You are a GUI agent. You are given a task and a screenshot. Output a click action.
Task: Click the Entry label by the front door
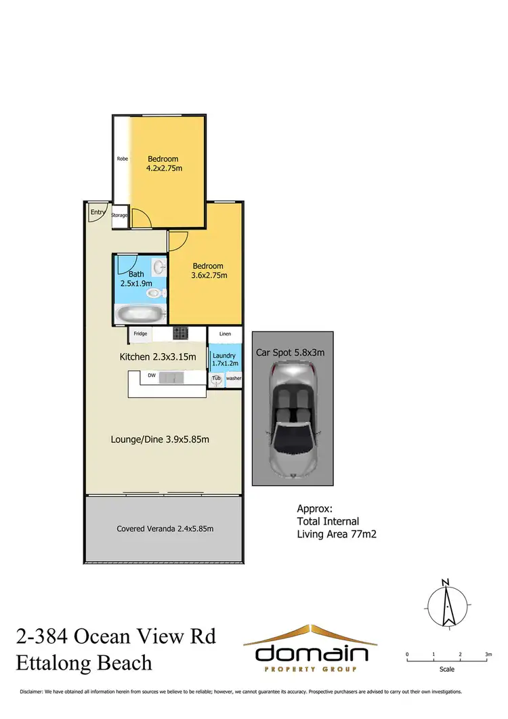pyautogui.click(x=98, y=212)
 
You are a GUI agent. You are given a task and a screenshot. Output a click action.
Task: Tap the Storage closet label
pyautogui.click(x=120, y=215)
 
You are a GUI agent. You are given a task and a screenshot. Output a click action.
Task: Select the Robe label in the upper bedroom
pyautogui.click(x=123, y=159)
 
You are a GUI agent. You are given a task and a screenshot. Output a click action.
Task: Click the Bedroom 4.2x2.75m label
pyautogui.click(x=164, y=163)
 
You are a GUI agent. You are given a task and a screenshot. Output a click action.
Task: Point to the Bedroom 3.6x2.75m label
pyautogui.click(x=209, y=270)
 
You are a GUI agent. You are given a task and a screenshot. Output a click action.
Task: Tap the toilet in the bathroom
pyautogui.click(x=156, y=293)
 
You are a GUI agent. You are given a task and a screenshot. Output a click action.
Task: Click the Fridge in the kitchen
pyautogui.click(x=140, y=333)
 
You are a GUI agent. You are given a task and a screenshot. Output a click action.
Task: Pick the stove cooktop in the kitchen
pyautogui.click(x=181, y=333)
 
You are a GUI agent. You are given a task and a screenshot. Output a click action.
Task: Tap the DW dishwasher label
pyautogui.click(x=152, y=374)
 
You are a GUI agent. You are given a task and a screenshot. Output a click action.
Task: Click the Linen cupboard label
pyautogui.click(x=225, y=334)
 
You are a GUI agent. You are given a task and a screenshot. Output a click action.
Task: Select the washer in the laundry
pyautogui.click(x=233, y=379)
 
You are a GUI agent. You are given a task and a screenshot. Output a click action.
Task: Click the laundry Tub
pyautogui.click(x=216, y=379)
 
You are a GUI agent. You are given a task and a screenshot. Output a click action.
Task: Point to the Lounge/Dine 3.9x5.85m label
pyautogui.click(x=160, y=439)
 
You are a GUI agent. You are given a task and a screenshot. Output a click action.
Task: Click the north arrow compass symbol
pyautogui.click(x=446, y=604)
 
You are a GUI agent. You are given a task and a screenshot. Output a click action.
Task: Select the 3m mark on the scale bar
pyautogui.click(x=488, y=655)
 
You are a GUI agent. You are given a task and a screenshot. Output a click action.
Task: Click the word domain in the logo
pyautogui.click(x=312, y=653)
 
